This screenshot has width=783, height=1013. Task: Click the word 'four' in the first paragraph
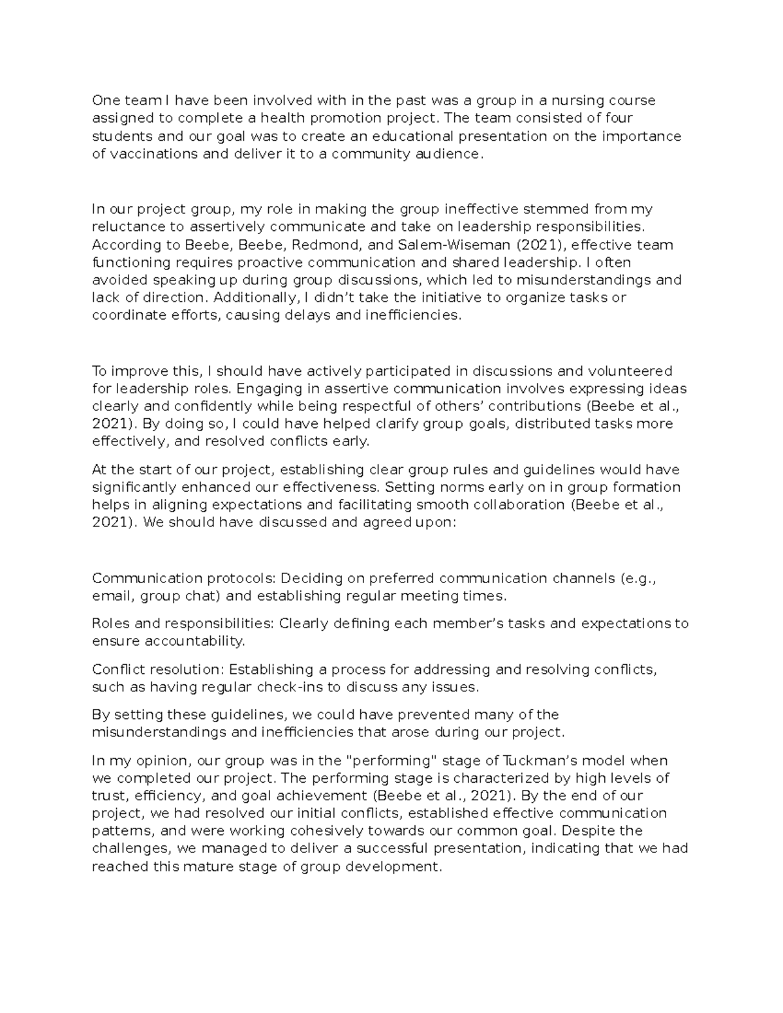(619, 118)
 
